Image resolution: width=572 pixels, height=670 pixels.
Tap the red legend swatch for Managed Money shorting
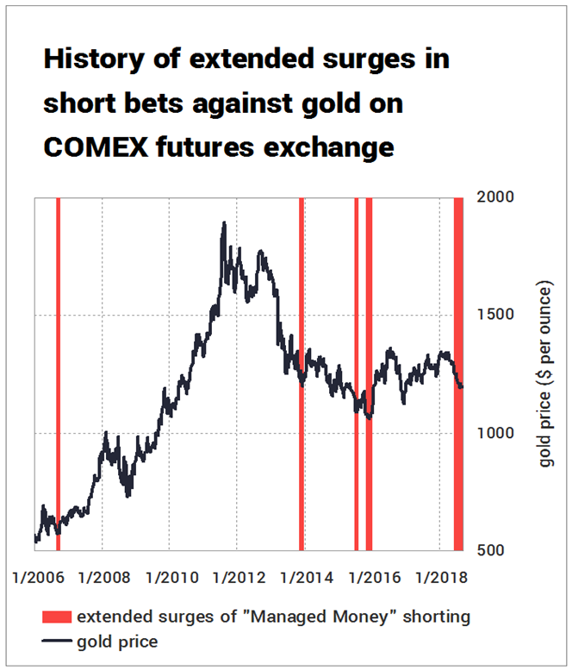pyautogui.click(x=56, y=617)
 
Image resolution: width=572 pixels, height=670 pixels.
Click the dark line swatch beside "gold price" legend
pyautogui.click(x=56, y=642)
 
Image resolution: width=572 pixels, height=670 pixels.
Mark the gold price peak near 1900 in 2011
pyautogui.click(x=224, y=223)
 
